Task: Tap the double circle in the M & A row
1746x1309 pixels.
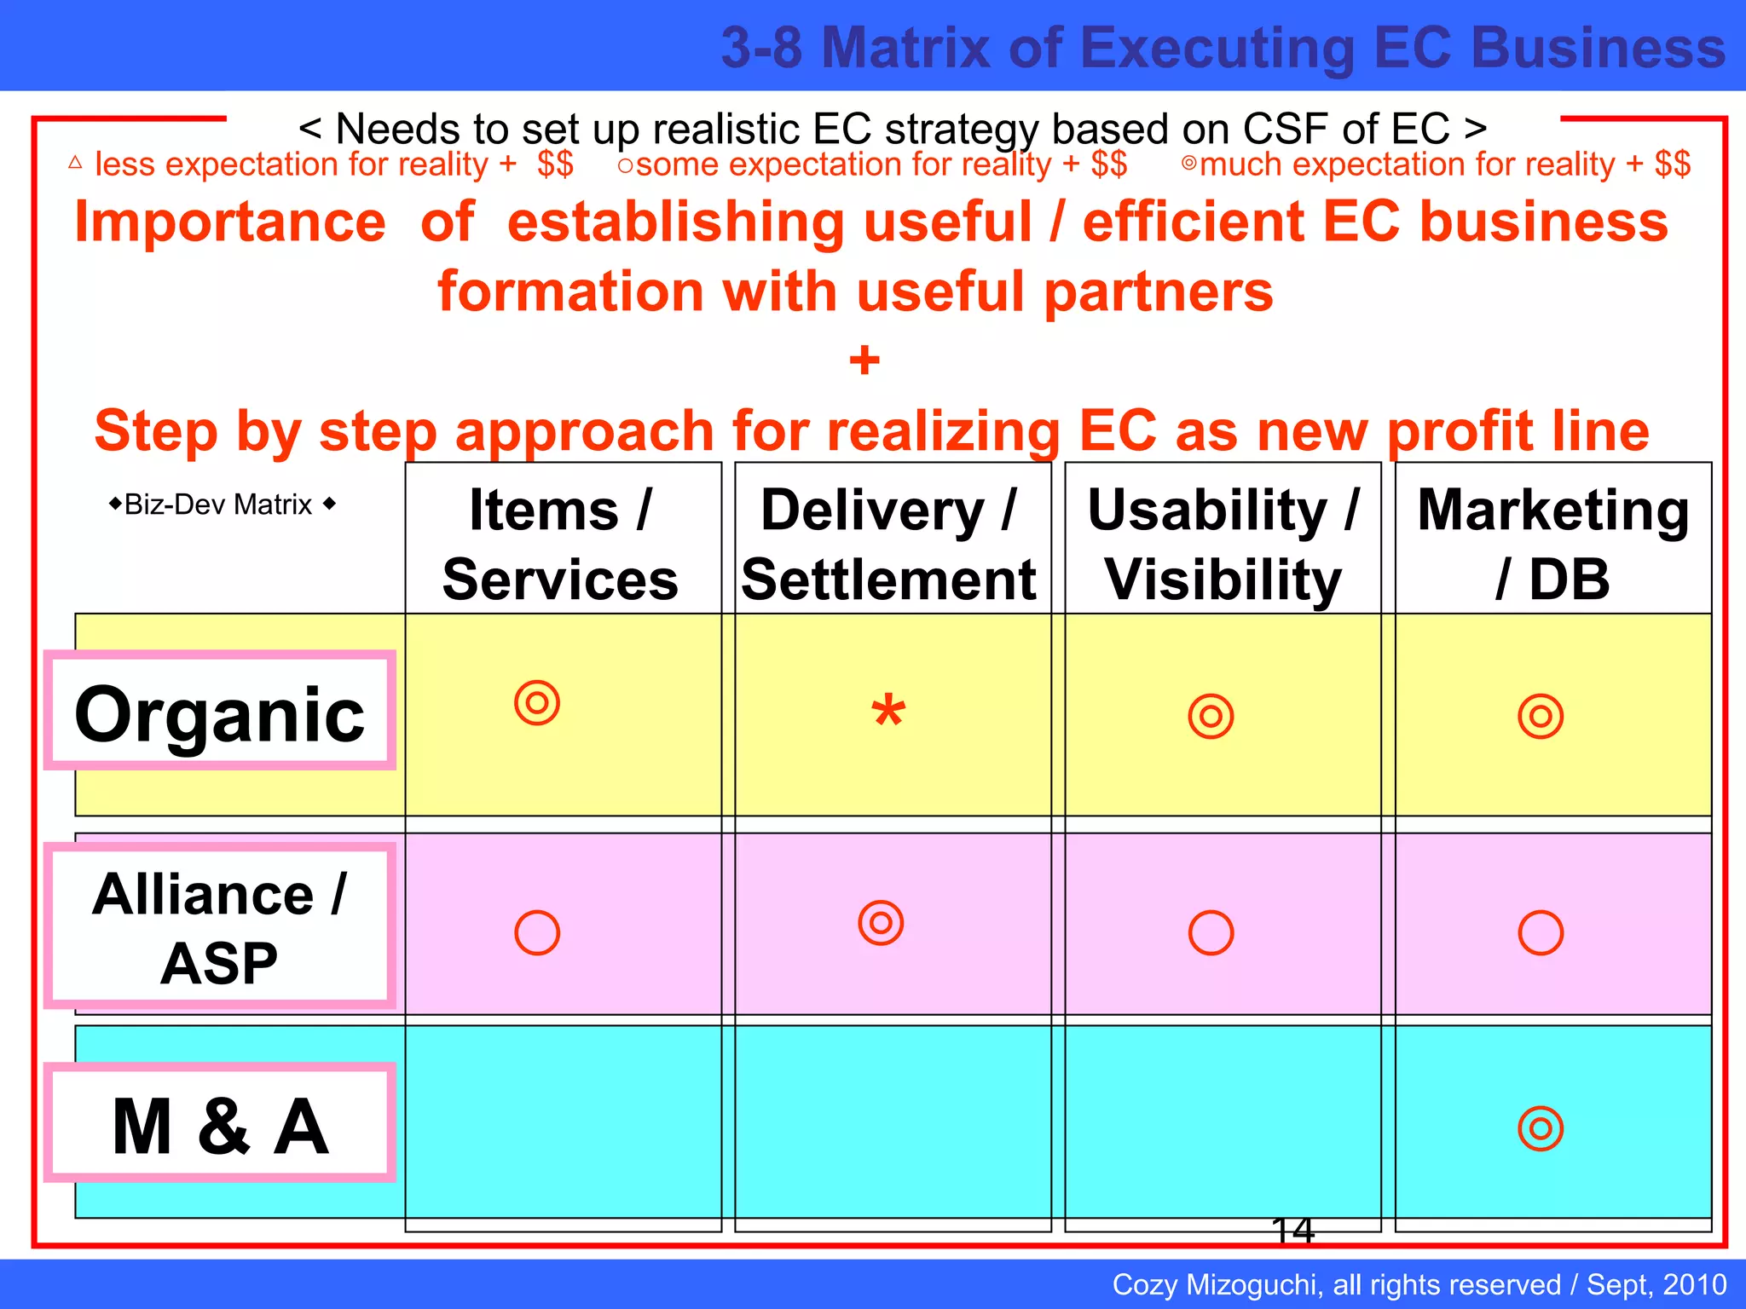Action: coord(1541,1128)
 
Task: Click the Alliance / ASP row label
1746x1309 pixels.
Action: coord(220,927)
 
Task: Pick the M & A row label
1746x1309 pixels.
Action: coord(220,1125)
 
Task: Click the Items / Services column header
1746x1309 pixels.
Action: coord(562,544)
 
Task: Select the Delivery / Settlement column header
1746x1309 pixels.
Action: coord(889,544)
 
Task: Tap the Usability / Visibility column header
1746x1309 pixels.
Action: coord(1223,544)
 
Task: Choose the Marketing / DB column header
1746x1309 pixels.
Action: coord(1552,544)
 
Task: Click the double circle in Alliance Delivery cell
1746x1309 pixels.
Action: coord(881,922)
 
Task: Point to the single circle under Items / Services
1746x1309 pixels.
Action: coord(537,932)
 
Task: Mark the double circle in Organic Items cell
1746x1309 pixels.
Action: coord(537,703)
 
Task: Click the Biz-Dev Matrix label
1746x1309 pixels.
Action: coord(220,505)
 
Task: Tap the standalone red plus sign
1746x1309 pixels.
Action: coord(864,360)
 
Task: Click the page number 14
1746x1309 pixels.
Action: coord(1292,1230)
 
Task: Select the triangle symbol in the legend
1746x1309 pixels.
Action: coord(75,162)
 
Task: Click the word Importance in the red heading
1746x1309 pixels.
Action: coord(230,222)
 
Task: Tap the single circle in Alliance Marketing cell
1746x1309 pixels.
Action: coord(1541,932)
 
